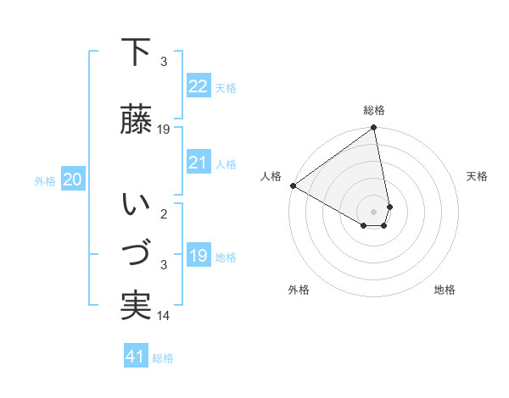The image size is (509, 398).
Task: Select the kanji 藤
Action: tap(137, 119)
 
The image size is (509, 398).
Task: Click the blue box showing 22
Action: tap(198, 86)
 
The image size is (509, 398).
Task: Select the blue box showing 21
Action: tap(198, 163)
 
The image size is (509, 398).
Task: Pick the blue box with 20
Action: tap(73, 180)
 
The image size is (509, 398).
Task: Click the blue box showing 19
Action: tap(198, 256)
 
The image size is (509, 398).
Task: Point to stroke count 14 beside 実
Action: tap(164, 316)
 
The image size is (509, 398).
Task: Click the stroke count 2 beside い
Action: tap(164, 214)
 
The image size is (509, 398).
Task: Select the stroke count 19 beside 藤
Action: tap(164, 130)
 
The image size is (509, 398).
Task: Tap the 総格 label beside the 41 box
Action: tap(163, 358)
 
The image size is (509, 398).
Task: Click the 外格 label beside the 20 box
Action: tap(44, 180)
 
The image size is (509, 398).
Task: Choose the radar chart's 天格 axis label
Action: tap(477, 176)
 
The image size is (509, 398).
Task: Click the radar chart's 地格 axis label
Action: tap(445, 290)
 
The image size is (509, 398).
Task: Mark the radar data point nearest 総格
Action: tap(373, 129)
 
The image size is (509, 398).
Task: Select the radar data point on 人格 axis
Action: tap(293, 185)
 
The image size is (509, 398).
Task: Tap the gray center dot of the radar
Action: tap(373, 211)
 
